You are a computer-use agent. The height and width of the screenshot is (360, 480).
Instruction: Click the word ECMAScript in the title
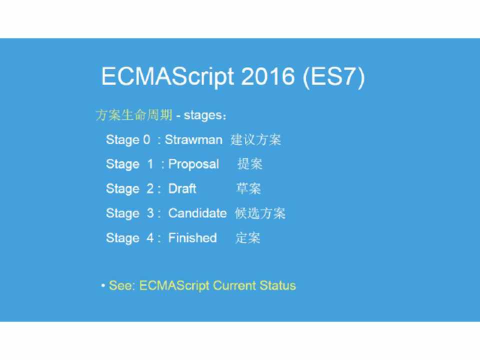click(x=167, y=77)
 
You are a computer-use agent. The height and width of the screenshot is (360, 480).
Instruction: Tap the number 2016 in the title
click(x=268, y=76)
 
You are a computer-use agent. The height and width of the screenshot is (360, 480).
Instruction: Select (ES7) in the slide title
click(x=333, y=77)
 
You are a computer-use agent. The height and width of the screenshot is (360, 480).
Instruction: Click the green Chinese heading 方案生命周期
click(x=134, y=115)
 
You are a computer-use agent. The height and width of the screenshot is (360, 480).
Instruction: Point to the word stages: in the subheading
click(x=205, y=115)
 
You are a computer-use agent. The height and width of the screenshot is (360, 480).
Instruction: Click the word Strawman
click(x=193, y=139)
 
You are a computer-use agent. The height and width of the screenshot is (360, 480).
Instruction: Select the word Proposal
click(x=193, y=164)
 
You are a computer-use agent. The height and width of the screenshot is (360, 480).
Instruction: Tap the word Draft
click(x=182, y=188)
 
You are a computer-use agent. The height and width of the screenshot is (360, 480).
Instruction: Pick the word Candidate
click(x=197, y=213)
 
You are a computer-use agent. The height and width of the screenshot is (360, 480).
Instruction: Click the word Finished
click(x=192, y=237)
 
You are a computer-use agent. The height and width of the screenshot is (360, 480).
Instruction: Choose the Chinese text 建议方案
click(x=255, y=139)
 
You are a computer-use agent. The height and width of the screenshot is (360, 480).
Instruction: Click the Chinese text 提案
click(x=250, y=164)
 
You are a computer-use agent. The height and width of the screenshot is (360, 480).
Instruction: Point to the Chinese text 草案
click(x=248, y=188)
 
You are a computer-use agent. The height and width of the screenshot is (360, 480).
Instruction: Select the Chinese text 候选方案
click(x=260, y=213)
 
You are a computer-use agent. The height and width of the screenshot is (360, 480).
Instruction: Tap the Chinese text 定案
click(x=248, y=238)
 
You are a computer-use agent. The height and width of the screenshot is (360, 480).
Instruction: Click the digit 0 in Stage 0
click(x=146, y=139)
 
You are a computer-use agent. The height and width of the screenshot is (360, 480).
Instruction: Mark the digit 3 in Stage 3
click(x=150, y=213)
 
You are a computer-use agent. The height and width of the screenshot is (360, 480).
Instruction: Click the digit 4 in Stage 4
click(x=150, y=237)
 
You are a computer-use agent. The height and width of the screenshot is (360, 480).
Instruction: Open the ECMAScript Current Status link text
click(x=217, y=285)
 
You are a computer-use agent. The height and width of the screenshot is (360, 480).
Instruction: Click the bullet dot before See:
click(x=103, y=285)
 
